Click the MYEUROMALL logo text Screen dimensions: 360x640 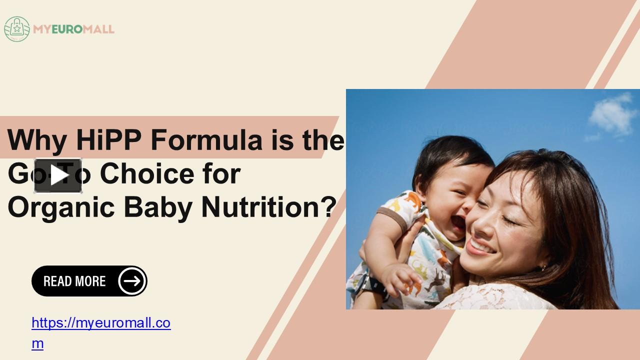click(73, 29)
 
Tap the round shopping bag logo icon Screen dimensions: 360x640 click(17, 29)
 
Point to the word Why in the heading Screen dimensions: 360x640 click(36, 140)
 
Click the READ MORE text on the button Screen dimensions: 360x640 click(74, 281)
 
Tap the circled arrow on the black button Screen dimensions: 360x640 click(132, 281)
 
